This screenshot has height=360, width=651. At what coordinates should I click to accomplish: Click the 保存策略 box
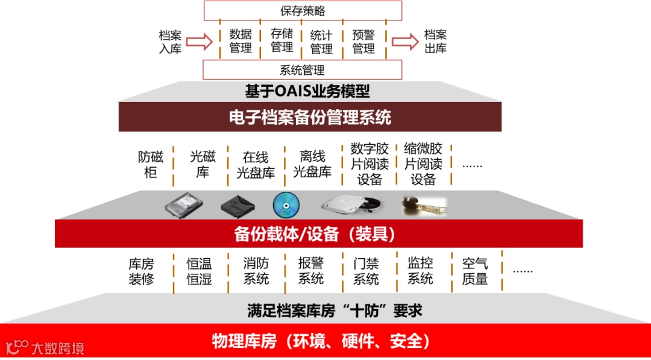pyautogui.click(x=303, y=11)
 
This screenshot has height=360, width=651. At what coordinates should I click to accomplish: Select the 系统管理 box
pyautogui.click(x=303, y=69)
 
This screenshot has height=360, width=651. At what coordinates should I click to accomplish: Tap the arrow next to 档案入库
pyautogui.click(x=200, y=41)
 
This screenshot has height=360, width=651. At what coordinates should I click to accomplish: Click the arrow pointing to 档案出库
pyautogui.click(x=404, y=41)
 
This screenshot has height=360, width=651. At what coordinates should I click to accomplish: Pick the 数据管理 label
pyautogui.click(x=241, y=41)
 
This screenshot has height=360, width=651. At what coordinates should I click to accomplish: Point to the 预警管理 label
pyautogui.click(x=363, y=41)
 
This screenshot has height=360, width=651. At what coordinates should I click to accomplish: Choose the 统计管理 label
pyautogui.click(x=321, y=41)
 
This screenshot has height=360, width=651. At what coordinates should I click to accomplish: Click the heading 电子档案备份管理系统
pyautogui.click(x=310, y=117)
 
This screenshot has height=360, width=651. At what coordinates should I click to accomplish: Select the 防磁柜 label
pyautogui.click(x=151, y=165)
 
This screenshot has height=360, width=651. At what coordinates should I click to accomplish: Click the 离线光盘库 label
pyautogui.click(x=312, y=165)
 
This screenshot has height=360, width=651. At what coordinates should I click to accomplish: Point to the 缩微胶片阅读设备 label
pyautogui.click(x=423, y=164)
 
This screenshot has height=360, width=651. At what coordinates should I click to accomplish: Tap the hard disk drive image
pyautogui.click(x=184, y=206)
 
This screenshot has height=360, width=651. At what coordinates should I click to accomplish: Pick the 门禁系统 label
pyautogui.click(x=366, y=271)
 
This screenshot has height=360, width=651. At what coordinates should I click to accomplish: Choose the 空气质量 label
pyautogui.click(x=475, y=271)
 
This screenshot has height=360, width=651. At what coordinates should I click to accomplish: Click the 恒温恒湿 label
pyautogui.click(x=199, y=271)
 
